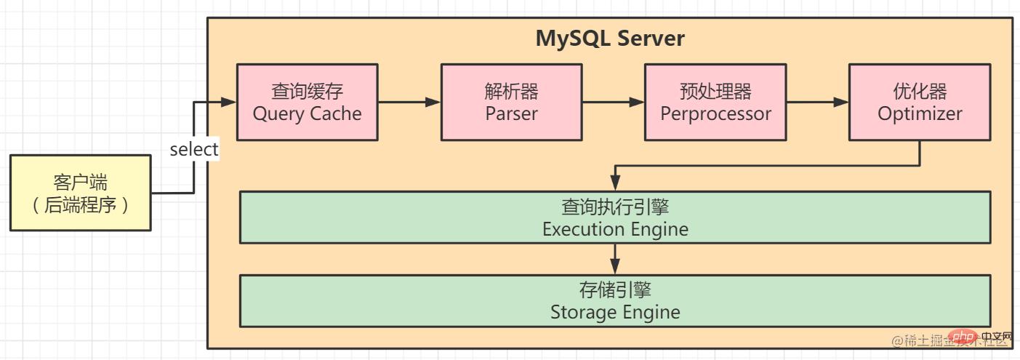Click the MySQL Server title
pyautogui.click(x=610, y=39)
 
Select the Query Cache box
pyautogui.click(x=307, y=103)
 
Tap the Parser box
pyautogui.click(x=511, y=103)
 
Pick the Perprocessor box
pyautogui.click(x=715, y=103)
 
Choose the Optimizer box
pyautogui.click(x=920, y=103)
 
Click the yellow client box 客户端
pyautogui.click(x=80, y=193)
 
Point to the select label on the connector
pyautogui.click(x=194, y=150)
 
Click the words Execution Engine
pyautogui.click(x=615, y=229)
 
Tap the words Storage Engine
pyautogui.click(x=615, y=312)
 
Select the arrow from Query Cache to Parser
pyautogui.click(x=409, y=103)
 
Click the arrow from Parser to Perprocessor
pyautogui.click(x=614, y=103)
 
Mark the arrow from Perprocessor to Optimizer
pyautogui.click(x=818, y=103)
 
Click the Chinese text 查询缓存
pyautogui.click(x=307, y=92)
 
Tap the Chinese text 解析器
pyautogui.click(x=511, y=92)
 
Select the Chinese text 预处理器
pyautogui.click(x=715, y=92)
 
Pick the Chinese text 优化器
pyautogui.click(x=920, y=92)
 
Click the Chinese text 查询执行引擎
pyautogui.click(x=615, y=207)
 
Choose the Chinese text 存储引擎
pyautogui.click(x=615, y=290)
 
